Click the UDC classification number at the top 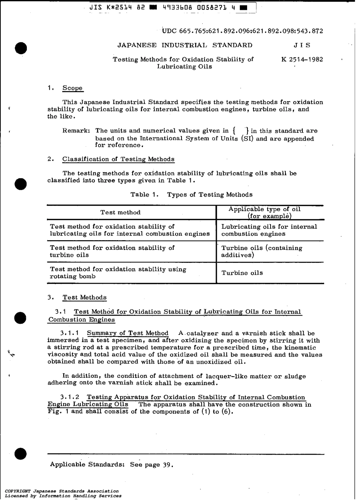[243, 31]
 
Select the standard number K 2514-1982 [302, 59]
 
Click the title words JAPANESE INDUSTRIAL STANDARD [185, 45]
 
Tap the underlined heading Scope [72, 88]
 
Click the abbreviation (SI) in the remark [247, 139]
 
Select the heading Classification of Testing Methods [118, 160]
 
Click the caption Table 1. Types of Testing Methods [191, 195]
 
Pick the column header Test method [120, 213]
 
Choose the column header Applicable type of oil [265, 210]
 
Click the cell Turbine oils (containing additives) [261, 252]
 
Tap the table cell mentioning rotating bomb [118, 273]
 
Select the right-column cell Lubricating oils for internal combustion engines [269, 230]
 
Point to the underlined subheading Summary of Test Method [127, 333]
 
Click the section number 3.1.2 [70, 397]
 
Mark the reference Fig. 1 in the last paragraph [58, 412]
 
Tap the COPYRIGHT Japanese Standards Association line [62, 491]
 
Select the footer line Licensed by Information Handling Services [63, 496]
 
